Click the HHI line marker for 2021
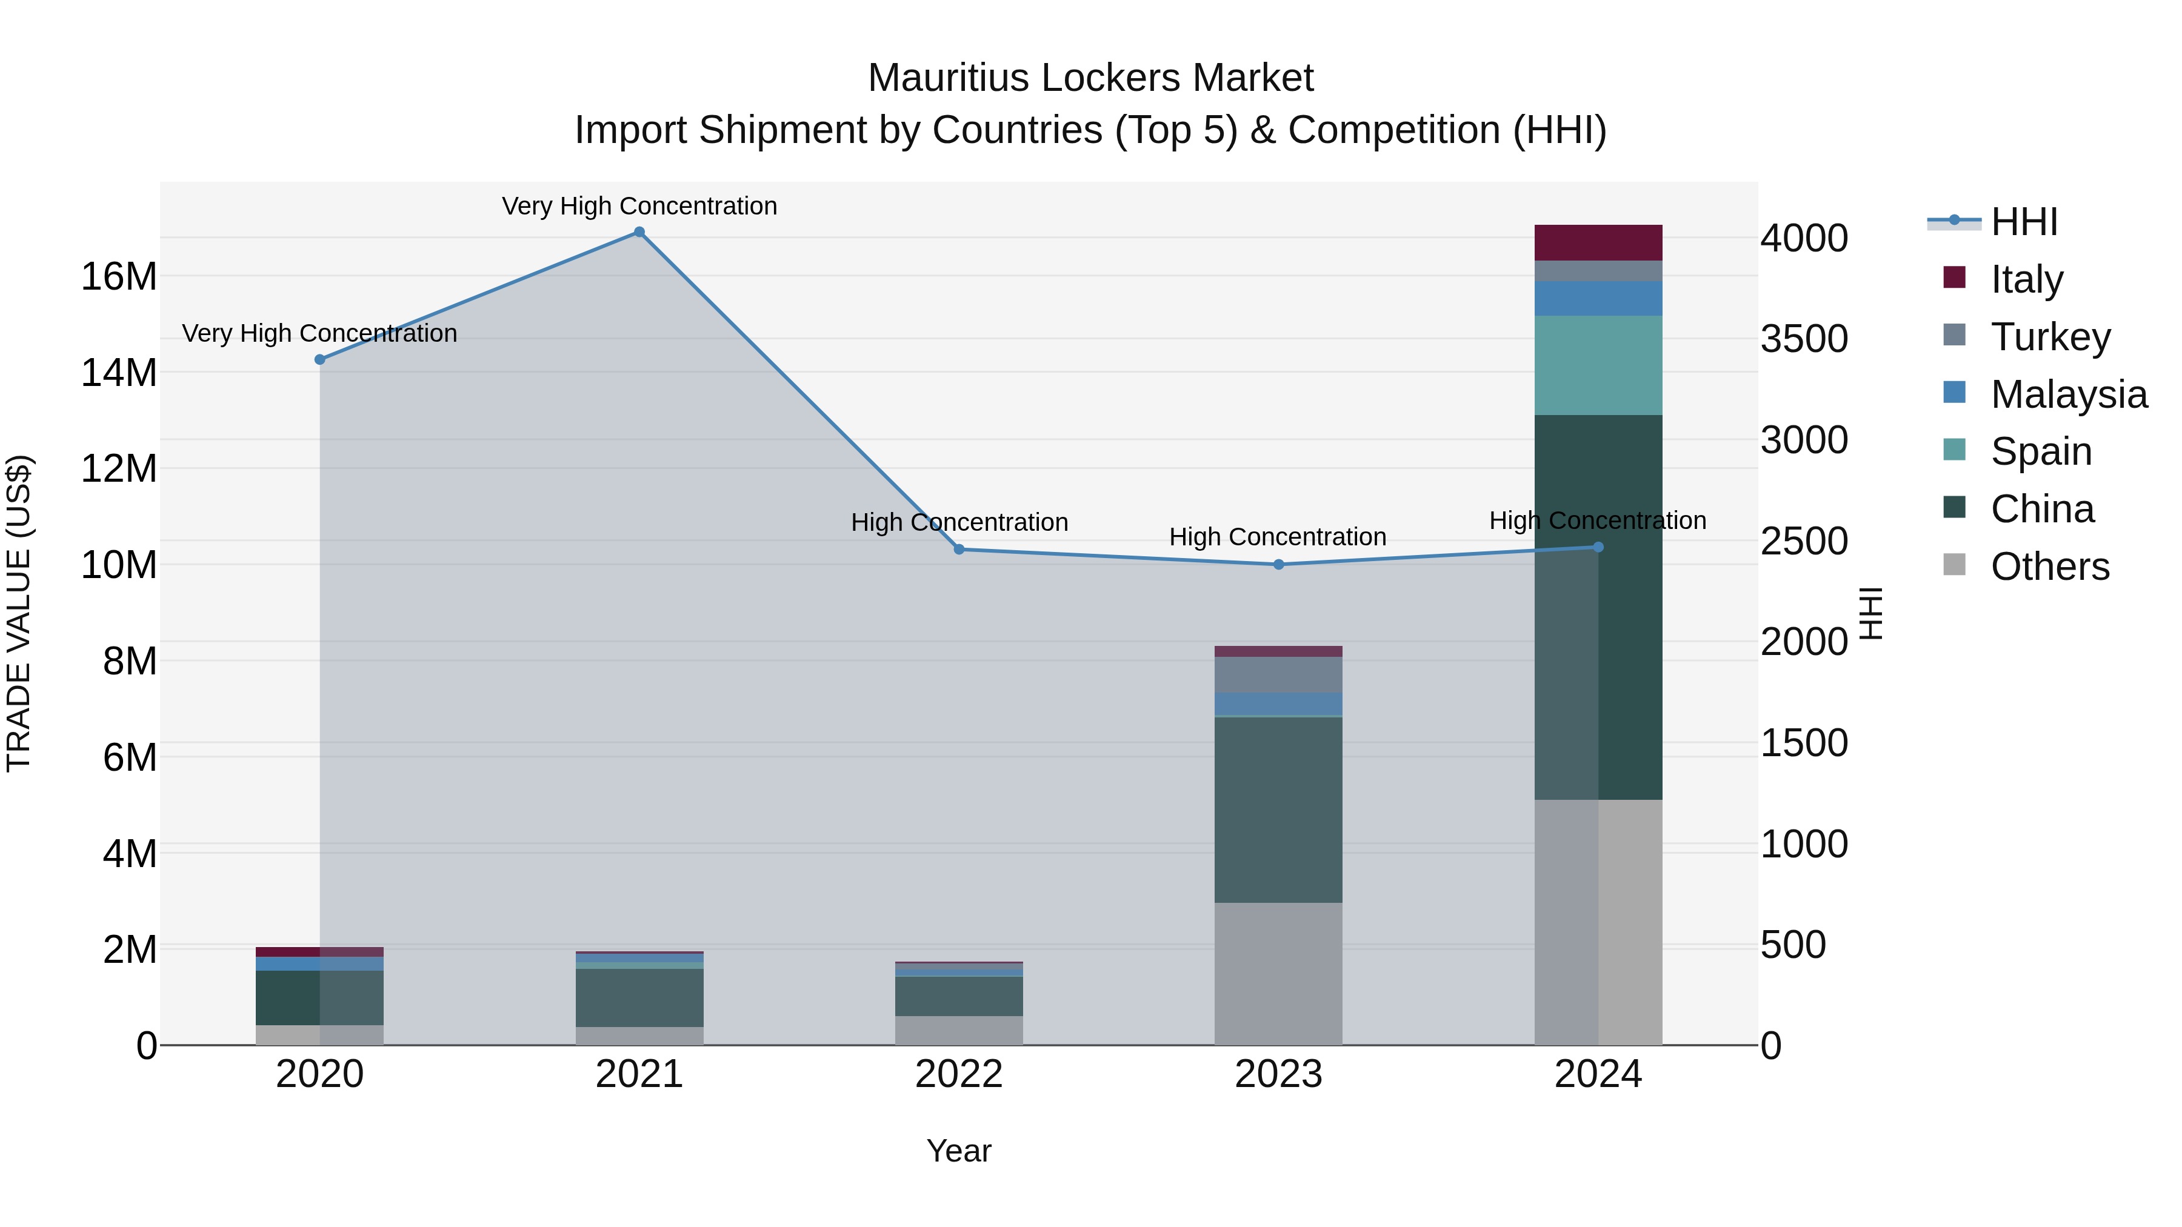coord(639,232)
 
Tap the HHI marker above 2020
coord(319,360)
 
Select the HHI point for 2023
coord(1279,565)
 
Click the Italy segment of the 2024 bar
coord(1598,243)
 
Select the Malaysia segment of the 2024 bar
coord(1598,299)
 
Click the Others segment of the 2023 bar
coord(1278,974)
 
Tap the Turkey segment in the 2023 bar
coord(1278,675)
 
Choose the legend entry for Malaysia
coord(2067,394)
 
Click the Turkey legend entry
coord(2050,337)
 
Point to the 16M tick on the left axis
coord(119,277)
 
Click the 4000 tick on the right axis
coord(1804,238)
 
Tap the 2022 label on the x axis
coord(959,1074)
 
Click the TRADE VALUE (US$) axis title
coord(19,613)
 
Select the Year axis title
coord(959,1151)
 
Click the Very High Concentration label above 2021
coord(639,206)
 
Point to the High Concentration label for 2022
coord(959,522)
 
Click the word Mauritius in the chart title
coord(949,78)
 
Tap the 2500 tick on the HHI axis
coord(1804,542)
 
